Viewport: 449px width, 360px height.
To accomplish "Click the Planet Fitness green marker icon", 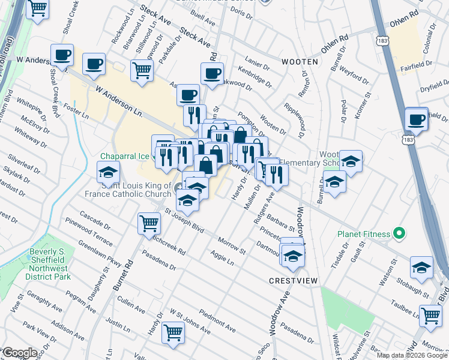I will [398, 234].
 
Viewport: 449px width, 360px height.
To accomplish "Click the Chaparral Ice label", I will [124, 156].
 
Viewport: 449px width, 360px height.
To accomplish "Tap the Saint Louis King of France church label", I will [137, 190].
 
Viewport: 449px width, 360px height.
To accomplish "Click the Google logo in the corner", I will [19, 353].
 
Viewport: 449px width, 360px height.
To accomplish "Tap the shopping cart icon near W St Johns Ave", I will [173, 331].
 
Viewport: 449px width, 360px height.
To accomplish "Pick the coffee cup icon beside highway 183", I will [416, 119].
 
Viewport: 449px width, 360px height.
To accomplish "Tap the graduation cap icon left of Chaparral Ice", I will [108, 172].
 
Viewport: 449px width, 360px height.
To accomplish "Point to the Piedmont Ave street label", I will [217, 322].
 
